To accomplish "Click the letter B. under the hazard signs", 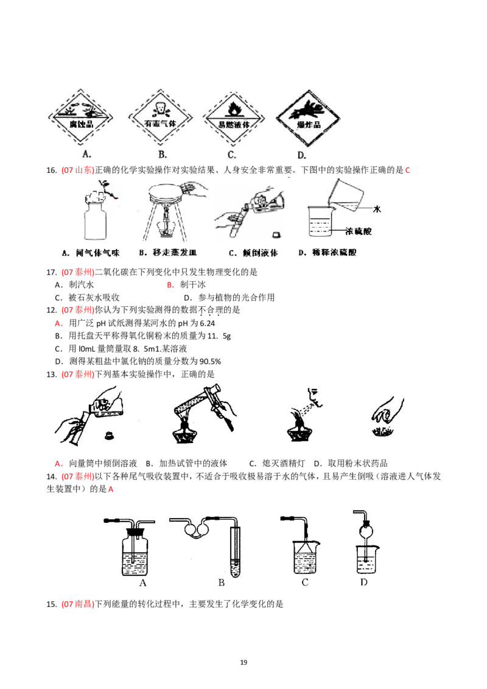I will pos(163,155).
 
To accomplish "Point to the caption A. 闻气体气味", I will pos(90,253).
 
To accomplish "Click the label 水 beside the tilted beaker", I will pos(376,209).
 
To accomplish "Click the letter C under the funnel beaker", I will pos(305,582).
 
